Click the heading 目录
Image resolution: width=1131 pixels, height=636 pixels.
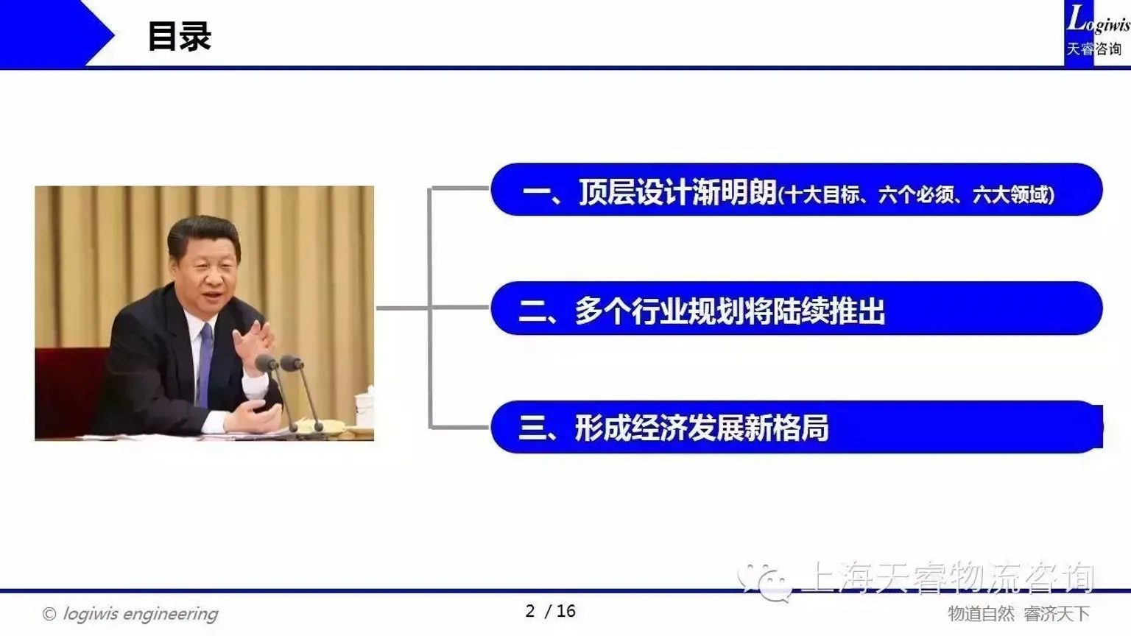click(179, 36)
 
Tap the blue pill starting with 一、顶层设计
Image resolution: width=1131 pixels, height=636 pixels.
click(796, 190)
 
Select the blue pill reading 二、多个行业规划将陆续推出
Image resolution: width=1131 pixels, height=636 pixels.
click(796, 308)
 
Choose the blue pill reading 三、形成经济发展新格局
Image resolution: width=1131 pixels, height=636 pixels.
click(796, 427)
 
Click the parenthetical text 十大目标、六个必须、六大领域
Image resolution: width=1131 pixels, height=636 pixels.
click(917, 194)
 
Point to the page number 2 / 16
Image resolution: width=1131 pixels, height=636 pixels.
click(550, 611)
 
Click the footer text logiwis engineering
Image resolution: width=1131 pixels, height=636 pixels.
click(140, 613)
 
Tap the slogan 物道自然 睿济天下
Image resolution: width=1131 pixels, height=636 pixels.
click(1018, 613)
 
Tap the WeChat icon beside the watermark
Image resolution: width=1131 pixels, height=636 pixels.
click(766, 581)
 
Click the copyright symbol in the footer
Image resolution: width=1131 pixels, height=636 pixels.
click(49, 614)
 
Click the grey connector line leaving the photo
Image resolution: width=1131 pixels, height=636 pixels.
click(402, 308)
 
